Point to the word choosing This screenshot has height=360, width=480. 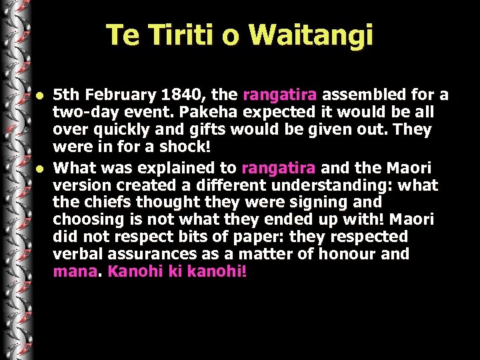pos(87,219)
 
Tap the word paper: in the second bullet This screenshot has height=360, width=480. pos(259,237)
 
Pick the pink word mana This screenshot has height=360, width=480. pos(74,271)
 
